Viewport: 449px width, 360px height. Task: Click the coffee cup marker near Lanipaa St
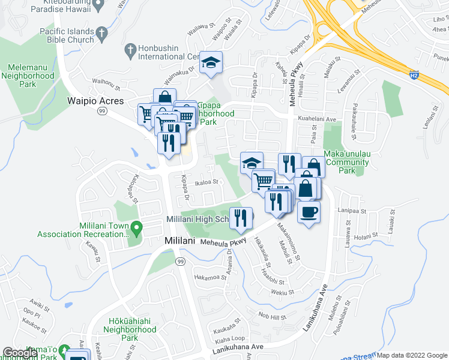pos(309,212)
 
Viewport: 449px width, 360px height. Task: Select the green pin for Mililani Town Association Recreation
pos(137,227)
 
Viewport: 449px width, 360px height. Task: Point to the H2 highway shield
pos(414,76)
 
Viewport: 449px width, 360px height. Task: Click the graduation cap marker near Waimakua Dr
pos(211,62)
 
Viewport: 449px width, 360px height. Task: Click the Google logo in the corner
pos(20,353)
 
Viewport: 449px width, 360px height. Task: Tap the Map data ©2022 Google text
pos(412,355)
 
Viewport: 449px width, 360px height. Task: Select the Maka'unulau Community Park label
pos(347,162)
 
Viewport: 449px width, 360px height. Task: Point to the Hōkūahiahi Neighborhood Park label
pos(130,329)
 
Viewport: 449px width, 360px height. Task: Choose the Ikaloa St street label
pos(205,182)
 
